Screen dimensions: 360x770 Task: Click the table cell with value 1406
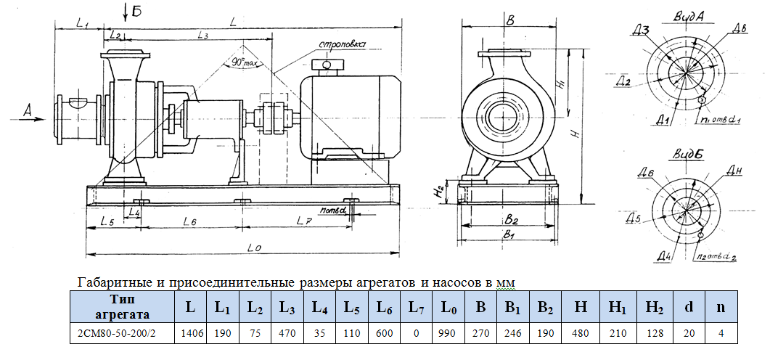pyautogui.click(x=190, y=333)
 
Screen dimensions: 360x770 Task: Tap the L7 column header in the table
pyautogui.click(x=417, y=306)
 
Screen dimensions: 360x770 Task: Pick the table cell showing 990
pyautogui.click(x=449, y=333)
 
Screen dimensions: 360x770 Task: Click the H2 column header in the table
pyautogui.click(x=655, y=306)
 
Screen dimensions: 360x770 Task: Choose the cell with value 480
pyautogui.click(x=580, y=333)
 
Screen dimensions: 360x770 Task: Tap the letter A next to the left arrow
pyautogui.click(x=28, y=110)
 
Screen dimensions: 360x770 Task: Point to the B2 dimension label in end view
pyautogui.click(x=512, y=218)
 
